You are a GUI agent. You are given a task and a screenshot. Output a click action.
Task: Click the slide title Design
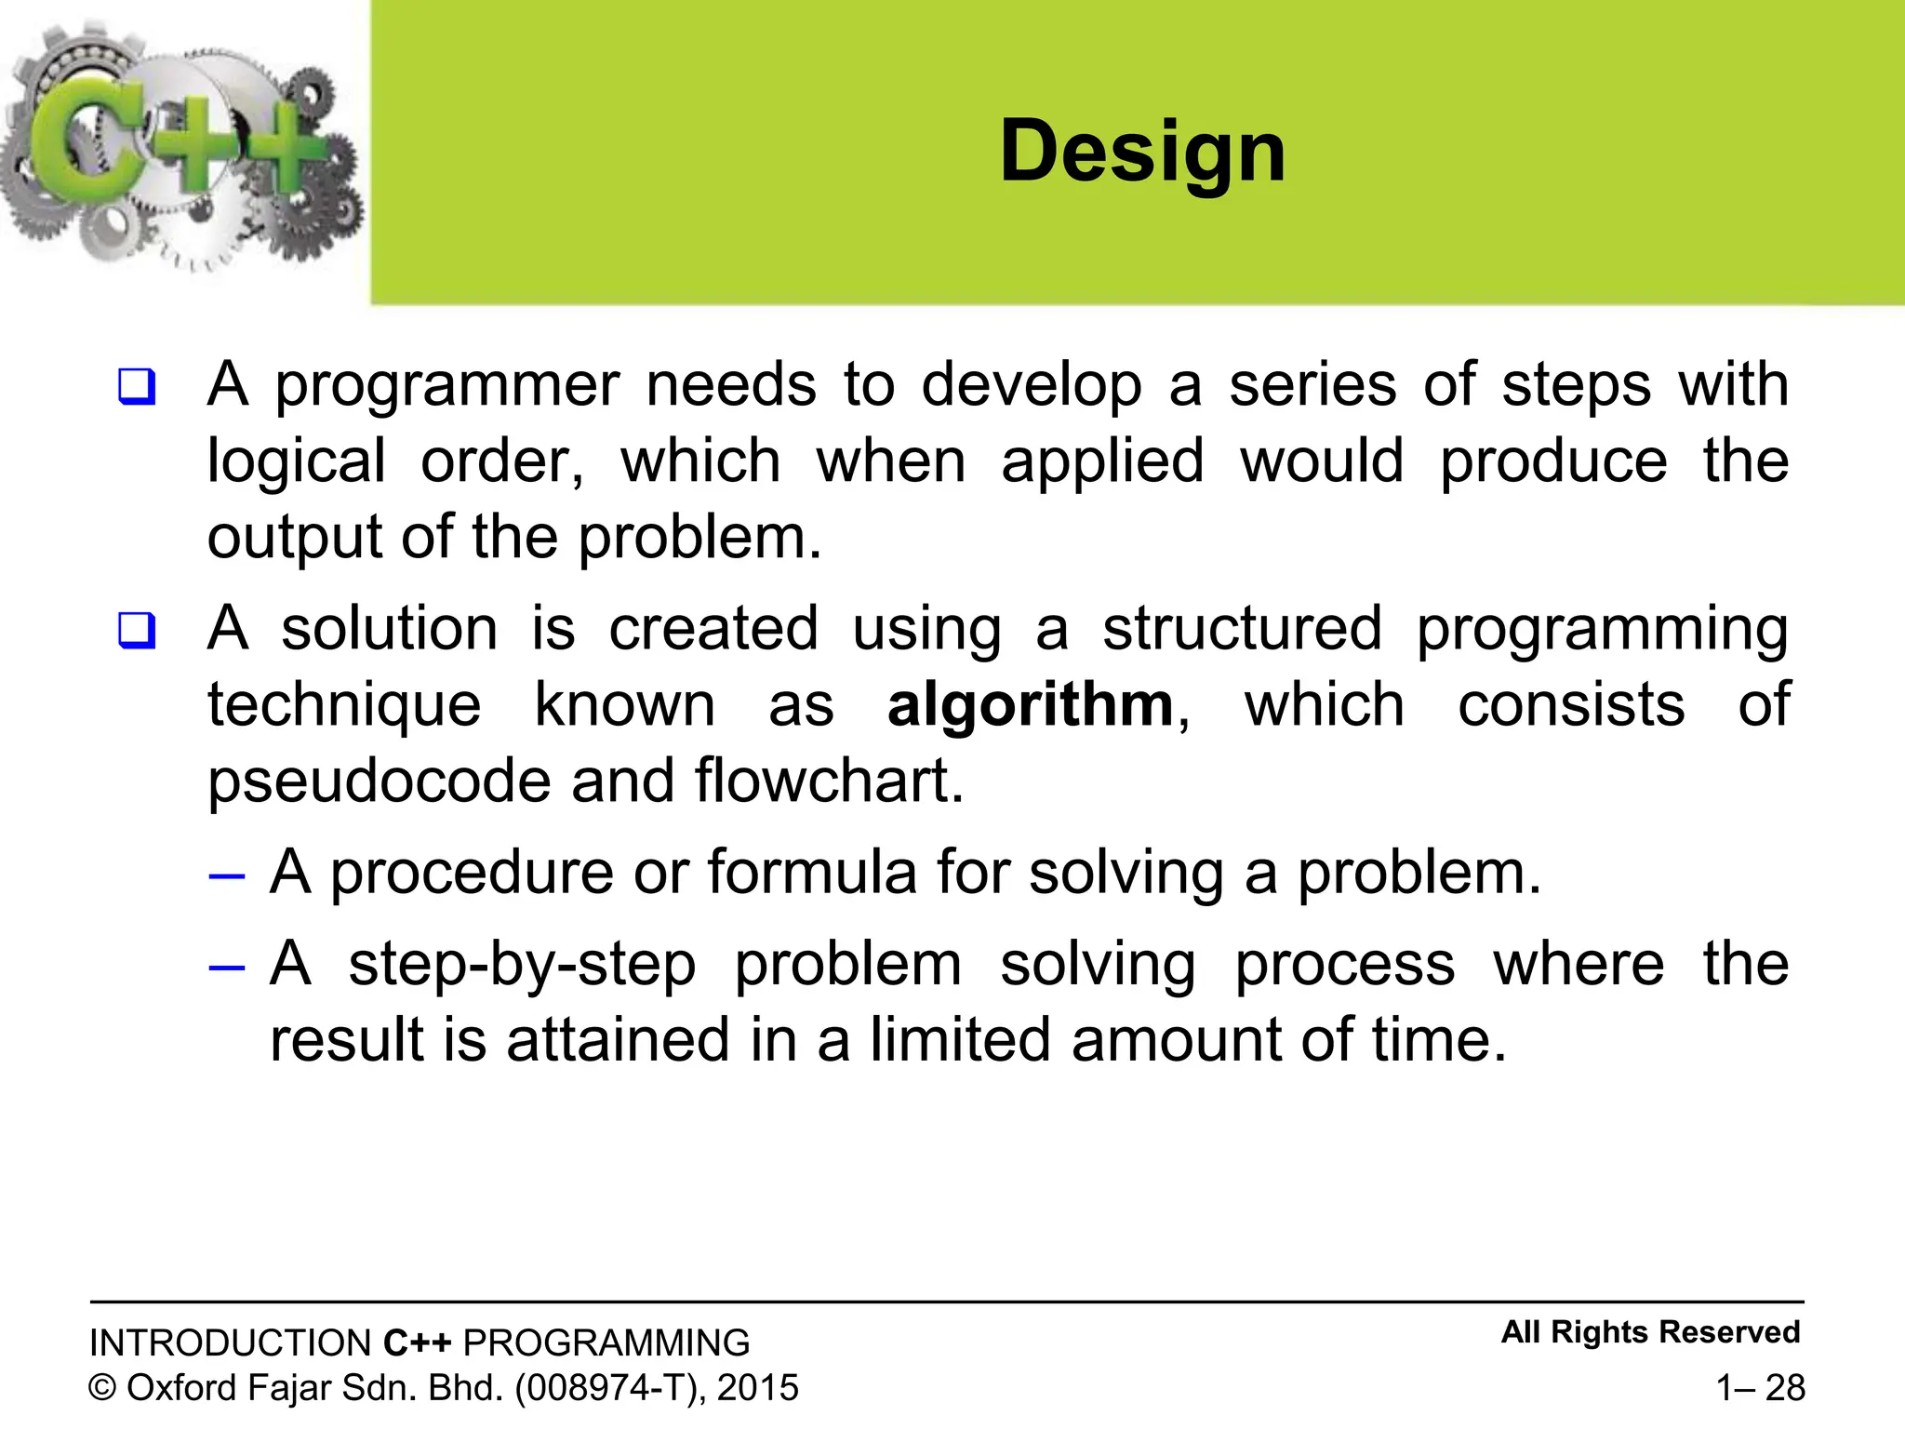point(1142,152)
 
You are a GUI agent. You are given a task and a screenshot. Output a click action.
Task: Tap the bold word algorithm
point(1031,705)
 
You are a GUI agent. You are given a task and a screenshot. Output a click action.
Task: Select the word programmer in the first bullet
point(446,386)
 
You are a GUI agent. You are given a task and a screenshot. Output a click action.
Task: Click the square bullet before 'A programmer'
point(137,386)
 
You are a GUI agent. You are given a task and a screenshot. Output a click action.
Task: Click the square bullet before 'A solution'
point(137,630)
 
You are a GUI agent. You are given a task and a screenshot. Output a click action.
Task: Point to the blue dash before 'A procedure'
point(227,875)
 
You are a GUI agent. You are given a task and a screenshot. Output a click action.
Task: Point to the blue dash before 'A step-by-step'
point(227,968)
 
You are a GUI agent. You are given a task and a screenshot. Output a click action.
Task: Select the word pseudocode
point(380,781)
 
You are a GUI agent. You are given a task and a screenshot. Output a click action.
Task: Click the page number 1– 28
point(1760,1387)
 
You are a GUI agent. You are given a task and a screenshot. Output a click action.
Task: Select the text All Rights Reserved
point(1650,1332)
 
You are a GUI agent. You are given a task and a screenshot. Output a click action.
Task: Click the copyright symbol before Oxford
point(102,1388)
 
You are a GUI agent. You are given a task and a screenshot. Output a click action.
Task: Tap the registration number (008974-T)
point(607,1388)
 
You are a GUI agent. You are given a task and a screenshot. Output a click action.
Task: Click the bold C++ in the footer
point(418,1343)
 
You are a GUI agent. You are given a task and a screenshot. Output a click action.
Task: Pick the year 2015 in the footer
point(757,1388)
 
